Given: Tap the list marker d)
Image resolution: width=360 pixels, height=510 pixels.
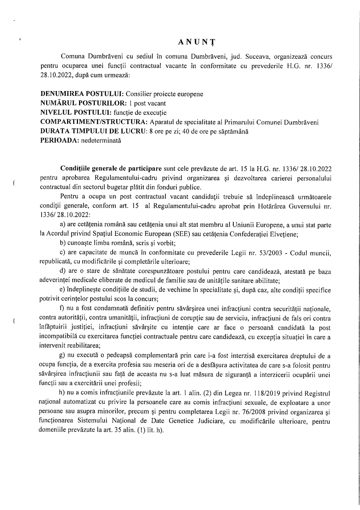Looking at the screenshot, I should pos(62,271).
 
